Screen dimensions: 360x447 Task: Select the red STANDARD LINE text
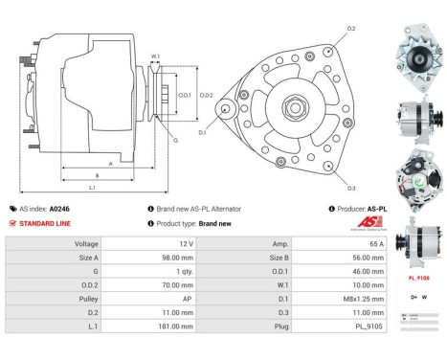tap(45, 222)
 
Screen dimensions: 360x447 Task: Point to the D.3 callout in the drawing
tap(351, 187)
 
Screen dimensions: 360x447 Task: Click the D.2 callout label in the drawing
tap(351, 30)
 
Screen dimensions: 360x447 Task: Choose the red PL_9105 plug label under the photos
tap(419, 278)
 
